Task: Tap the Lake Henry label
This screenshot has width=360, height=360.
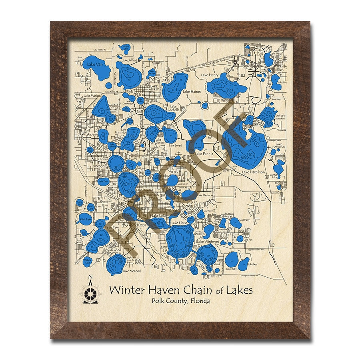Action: click(210, 75)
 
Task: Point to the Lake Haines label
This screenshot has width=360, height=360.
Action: click(192, 92)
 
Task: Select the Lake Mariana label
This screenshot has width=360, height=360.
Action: click(93, 96)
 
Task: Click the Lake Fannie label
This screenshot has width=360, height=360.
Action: click(204, 153)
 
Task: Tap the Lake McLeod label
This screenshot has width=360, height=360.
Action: click(132, 271)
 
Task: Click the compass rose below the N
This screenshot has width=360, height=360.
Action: click(90, 294)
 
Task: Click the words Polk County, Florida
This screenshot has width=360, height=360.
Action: click(180, 300)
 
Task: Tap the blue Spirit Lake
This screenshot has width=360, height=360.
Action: click(84, 219)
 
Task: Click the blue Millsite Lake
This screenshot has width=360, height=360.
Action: click(88, 261)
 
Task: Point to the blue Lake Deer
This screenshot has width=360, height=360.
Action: click(103, 181)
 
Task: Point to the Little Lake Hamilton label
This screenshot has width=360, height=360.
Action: click(280, 117)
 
